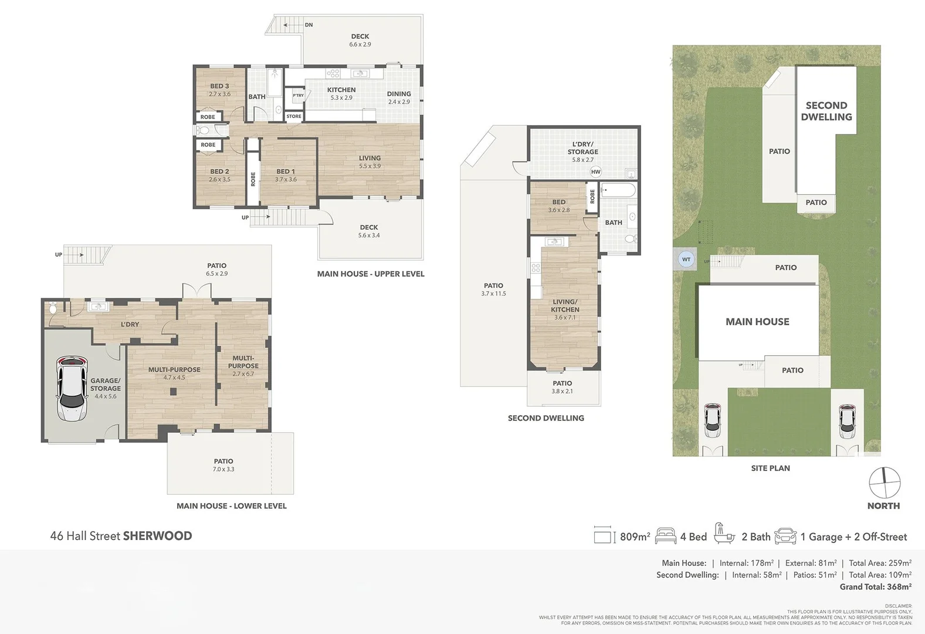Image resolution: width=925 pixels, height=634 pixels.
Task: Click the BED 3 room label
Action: coord(219,86)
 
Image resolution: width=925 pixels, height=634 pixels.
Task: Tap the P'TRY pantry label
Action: coord(299,95)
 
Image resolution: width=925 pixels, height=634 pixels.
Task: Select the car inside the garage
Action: coord(72,388)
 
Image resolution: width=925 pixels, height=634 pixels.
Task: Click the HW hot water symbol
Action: coord(596,172)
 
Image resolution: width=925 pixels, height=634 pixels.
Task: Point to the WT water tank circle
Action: coord(686,259)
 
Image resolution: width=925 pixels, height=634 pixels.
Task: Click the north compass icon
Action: coord(884,483)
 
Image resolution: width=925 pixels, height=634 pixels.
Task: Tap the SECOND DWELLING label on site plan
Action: coord(826,111)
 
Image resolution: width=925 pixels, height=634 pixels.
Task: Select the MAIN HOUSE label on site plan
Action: coord(757,322)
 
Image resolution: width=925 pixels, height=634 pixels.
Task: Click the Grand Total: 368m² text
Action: coord(875,587)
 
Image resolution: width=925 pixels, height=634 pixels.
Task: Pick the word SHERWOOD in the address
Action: coord(157,536)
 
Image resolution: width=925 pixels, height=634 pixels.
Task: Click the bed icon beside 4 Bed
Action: coord(666,536)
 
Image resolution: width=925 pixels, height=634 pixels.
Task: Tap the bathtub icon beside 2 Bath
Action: coord(724,534)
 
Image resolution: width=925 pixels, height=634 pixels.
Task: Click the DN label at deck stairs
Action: coord(309,25)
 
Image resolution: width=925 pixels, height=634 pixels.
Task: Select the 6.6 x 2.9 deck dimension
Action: coord(360,45)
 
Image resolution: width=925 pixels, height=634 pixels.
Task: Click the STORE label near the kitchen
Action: coord(294,116)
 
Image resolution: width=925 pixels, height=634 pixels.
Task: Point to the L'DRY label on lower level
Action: coord(130,325)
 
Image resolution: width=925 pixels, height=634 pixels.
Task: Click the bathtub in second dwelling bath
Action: coord(619,190)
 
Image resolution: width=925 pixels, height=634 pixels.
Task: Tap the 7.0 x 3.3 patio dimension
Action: coord(223,470)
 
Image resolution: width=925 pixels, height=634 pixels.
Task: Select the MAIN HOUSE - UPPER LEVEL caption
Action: coord(371,274)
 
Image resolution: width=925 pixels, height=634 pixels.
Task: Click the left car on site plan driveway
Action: coord(712,420)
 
